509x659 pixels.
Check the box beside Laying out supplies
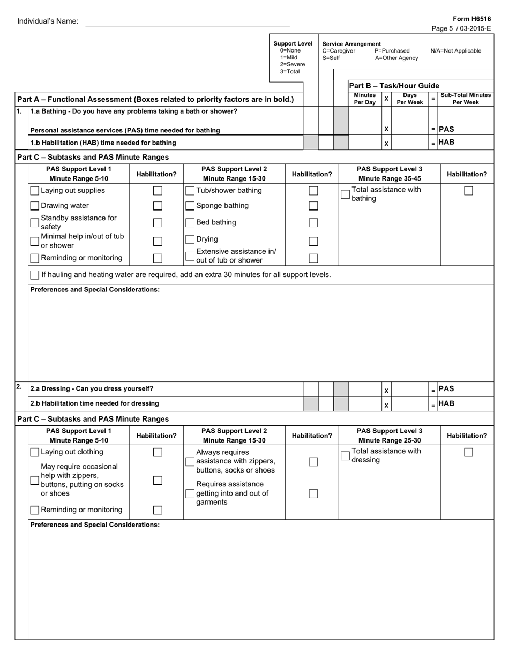[35, 191]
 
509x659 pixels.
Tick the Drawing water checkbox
[35, 206]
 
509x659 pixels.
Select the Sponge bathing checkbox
[190, 206]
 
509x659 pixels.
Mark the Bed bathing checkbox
[190, 223]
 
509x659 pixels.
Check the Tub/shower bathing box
[190, 191]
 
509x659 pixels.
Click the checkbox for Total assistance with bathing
[345, 194]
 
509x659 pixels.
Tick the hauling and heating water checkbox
[35, 275]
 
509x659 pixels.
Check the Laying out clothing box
[35, 452]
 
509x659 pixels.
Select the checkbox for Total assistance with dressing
[345, 455]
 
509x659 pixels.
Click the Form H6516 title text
[476, 19]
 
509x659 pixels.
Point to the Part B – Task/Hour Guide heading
[394, 86]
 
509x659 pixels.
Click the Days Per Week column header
[409, 99]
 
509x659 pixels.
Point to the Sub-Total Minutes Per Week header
[465, 99]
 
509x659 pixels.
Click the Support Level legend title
[293, 44]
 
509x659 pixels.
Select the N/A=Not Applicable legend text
[455, 51]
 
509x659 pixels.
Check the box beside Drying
[190, 239]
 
